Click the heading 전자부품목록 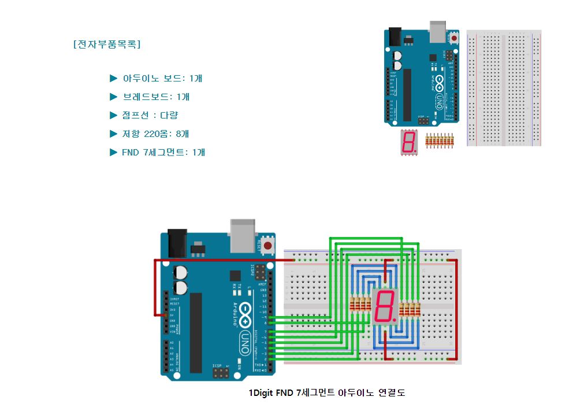click(107, 45)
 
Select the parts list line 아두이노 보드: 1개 click(162, 78)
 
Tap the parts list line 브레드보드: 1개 click(156, 97)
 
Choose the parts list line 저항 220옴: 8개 click(156, 134)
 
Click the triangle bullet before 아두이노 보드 click(113, 78)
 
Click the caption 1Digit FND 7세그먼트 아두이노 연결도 click(327, 393)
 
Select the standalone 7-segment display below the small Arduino click(408, 142)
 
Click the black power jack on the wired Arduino click(177, 243)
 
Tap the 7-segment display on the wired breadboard click(385, 306)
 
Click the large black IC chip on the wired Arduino click(196, 332)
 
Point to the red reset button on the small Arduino click(454, 39)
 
